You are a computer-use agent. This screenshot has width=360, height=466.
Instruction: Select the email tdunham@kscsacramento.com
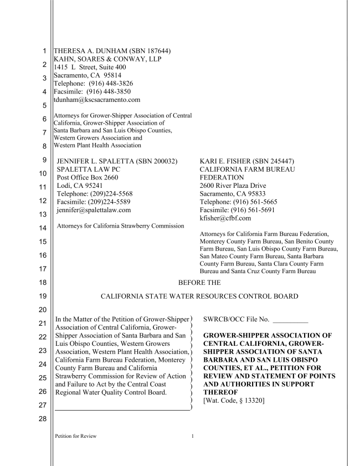click(96, 100)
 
